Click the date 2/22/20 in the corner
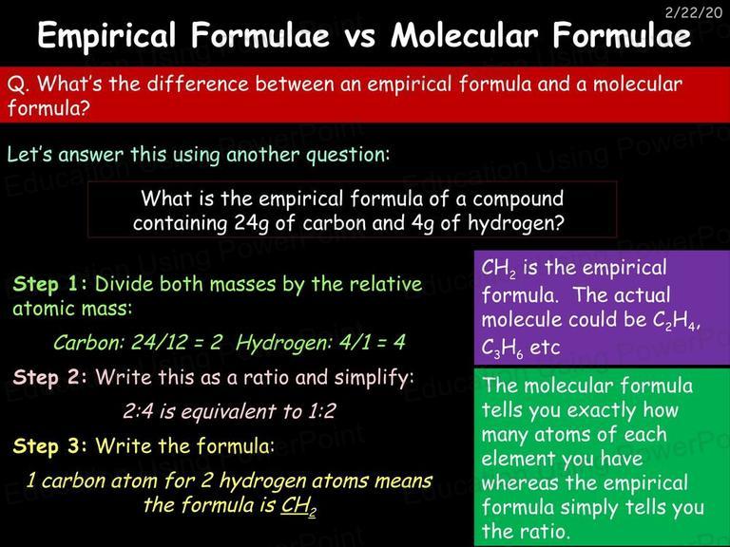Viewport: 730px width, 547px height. (693, 12)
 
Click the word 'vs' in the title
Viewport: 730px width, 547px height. (360, 36)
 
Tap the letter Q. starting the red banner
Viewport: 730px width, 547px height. (18, 85)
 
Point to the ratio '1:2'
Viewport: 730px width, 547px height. (321, 411)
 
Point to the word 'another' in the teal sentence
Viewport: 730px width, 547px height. (262, 155)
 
